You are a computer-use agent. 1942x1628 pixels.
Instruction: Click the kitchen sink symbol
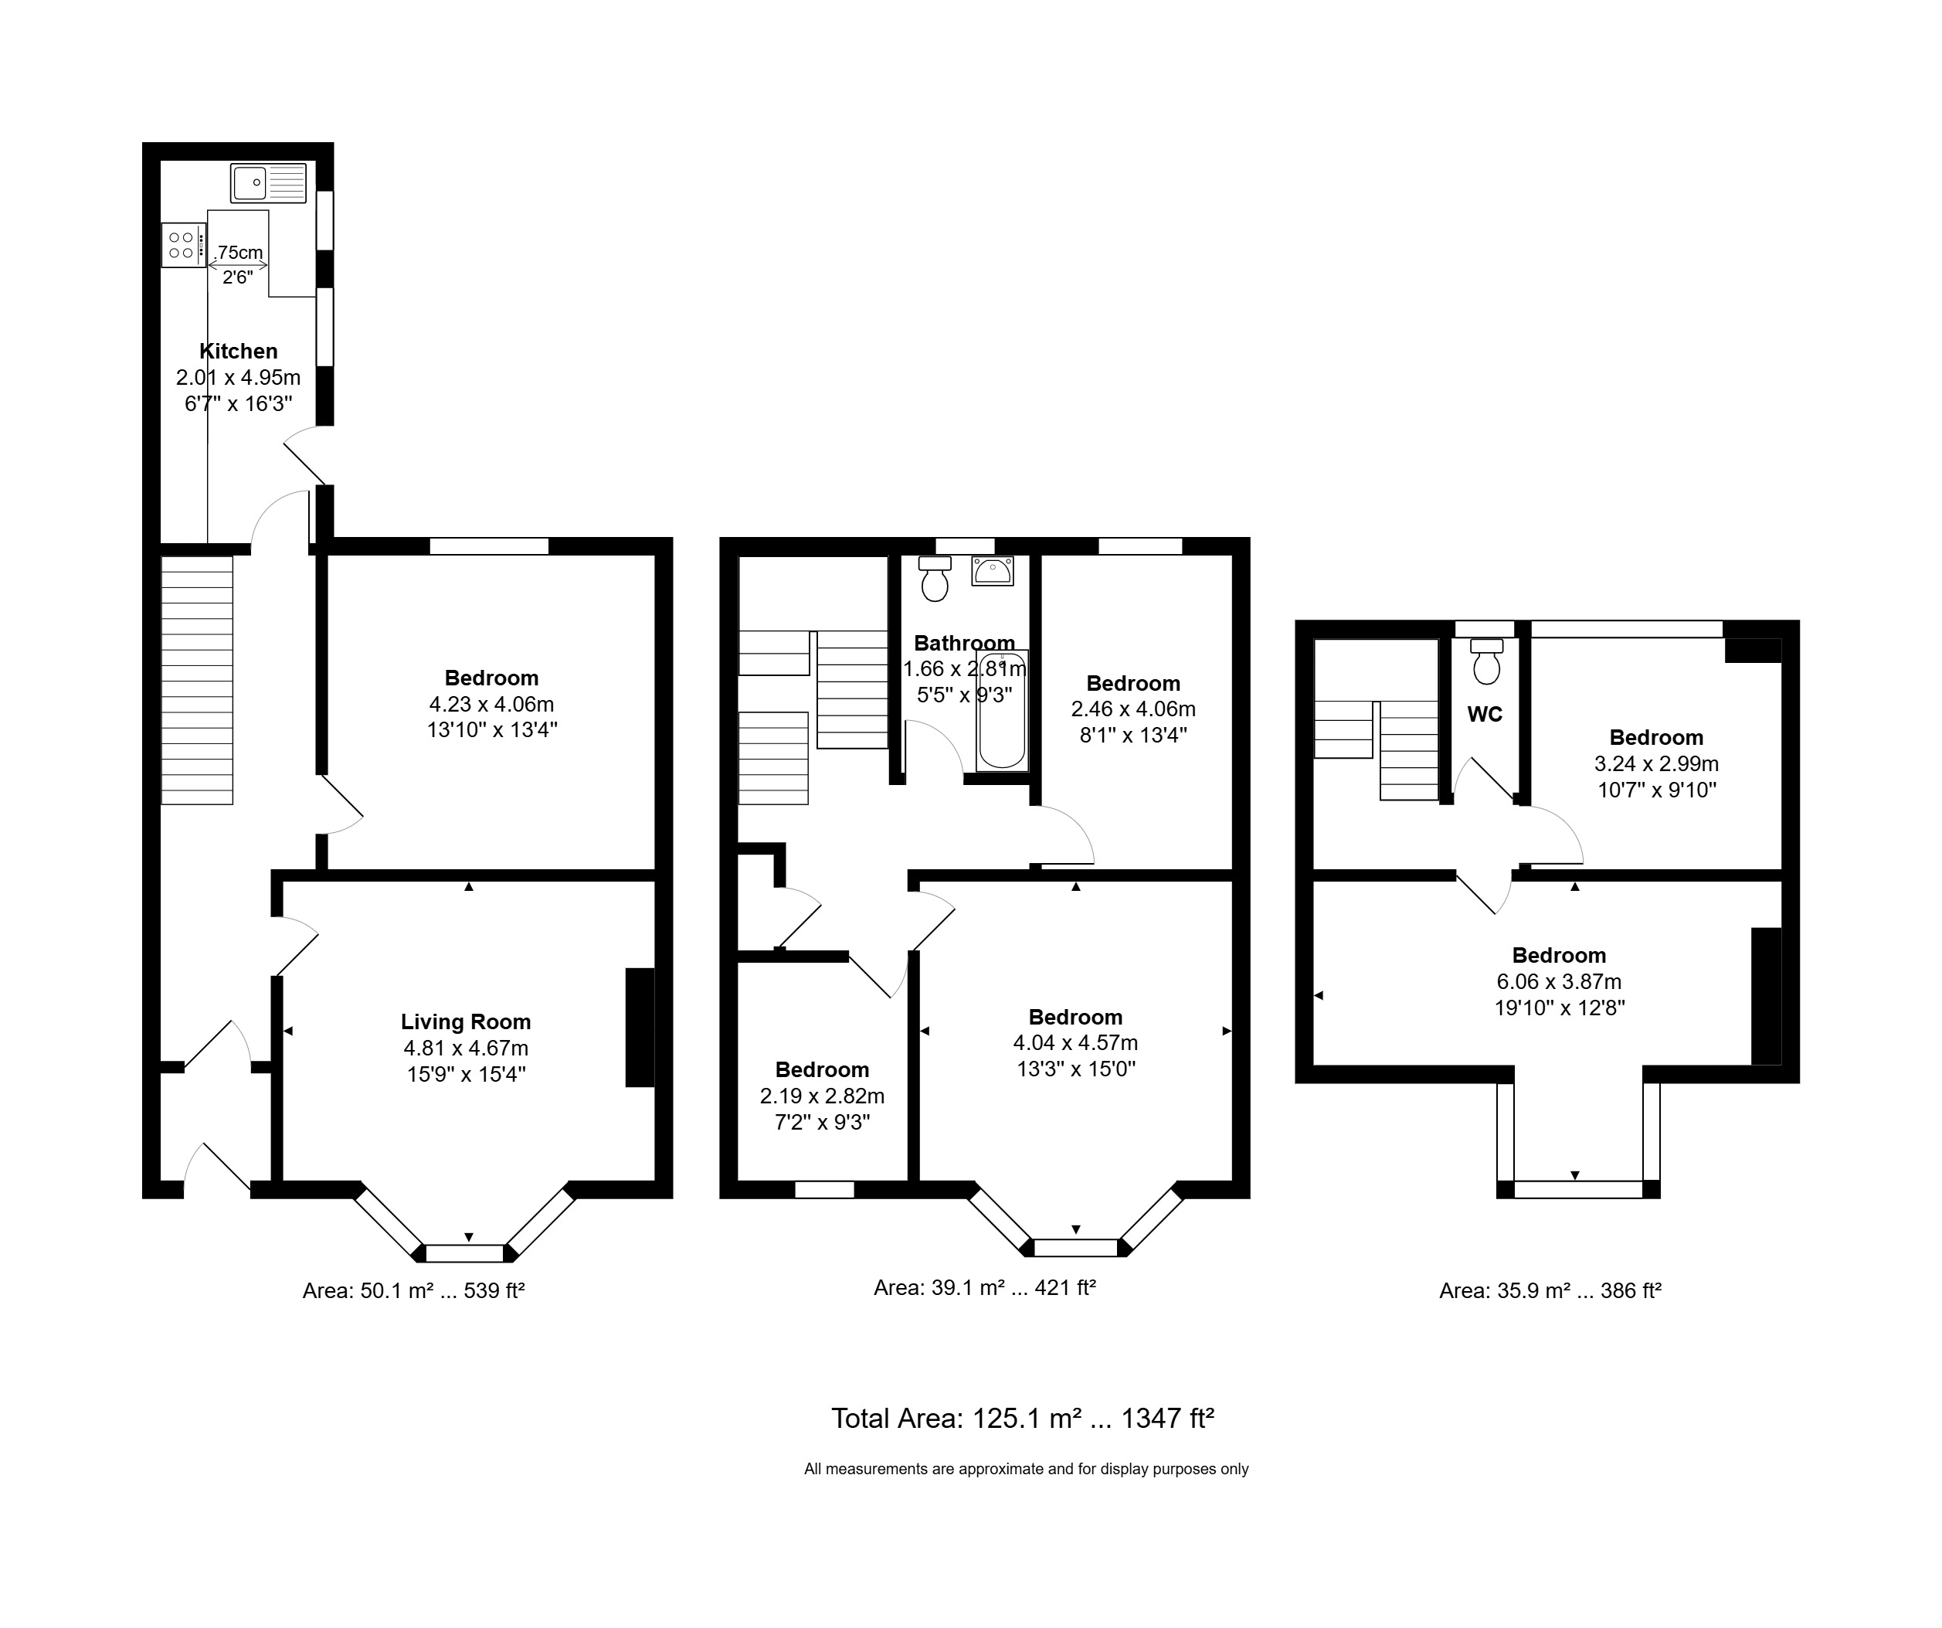click(x=268, y=183)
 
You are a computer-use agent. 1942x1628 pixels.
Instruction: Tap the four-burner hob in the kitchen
click(x=182, y=245)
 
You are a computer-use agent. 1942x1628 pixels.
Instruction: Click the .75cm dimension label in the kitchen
click(x=239, y=253)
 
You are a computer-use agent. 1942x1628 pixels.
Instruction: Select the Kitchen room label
click(x=239, y=352)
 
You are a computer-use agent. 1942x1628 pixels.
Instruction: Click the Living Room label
click(x=465, y=1022)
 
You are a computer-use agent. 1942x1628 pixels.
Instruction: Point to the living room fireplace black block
click(x=640, y=1027)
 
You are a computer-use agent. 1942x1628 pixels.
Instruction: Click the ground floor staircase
click(x=197, y=680)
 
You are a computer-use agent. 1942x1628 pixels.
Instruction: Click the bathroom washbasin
click(x=993, y=571)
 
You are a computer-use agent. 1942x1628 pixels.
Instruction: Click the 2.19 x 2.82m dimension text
click(x=822, y=1096)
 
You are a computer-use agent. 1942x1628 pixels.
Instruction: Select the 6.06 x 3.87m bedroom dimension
click(x=1559, y=981)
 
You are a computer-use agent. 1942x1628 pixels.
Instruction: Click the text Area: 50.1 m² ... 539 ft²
click(x=413, y=1290)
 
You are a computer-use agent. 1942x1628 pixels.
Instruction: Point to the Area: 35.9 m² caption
click(x=1550, y=1290)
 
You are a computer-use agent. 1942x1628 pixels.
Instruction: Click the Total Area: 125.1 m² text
click(x=1022, y=1418)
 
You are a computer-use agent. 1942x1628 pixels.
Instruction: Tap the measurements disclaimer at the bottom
click(x=1026, y=1469)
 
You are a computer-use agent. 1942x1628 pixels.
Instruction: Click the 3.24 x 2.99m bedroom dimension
click(x=1656, y=764)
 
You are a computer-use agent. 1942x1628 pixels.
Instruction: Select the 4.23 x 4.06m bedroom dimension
click(x=491, y=704)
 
